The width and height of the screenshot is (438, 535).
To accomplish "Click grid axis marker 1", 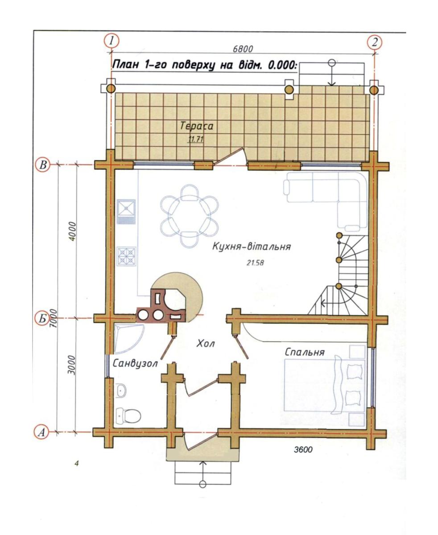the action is pos(111,41).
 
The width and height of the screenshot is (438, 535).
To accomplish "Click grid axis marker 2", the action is pos(374,42).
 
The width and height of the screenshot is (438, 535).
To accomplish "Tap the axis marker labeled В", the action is pos(43,165).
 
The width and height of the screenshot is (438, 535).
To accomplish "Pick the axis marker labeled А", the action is pos(41,432).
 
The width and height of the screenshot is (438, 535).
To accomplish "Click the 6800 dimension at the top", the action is pos(243,49).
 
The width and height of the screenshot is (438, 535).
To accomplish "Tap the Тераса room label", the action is pos(197,126).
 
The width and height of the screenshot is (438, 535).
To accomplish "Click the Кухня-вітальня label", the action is pos(252,247).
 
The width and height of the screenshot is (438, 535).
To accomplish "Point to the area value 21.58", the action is pos(255,263).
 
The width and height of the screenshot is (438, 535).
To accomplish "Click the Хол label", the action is pos(205,344).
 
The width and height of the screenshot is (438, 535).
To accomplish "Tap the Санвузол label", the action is pos(135,364).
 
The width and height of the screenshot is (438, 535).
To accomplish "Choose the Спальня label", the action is pos(305,352).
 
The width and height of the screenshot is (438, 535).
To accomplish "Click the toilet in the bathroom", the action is pos(128,415).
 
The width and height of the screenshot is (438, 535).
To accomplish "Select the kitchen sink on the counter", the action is pos(126,212).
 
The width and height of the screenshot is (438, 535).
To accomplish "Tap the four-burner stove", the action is pos(126,256).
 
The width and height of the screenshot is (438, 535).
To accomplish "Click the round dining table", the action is pos(190,216).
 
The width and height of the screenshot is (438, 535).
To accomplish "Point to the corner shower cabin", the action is pos(129,338).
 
